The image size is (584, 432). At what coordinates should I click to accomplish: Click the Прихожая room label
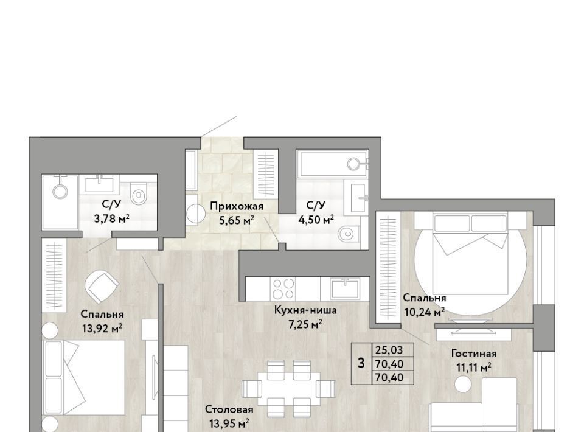(x=236, y=206)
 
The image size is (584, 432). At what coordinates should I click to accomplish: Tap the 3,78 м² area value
(x=111, y=218)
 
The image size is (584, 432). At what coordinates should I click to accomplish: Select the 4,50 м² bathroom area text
(x=316, y=220)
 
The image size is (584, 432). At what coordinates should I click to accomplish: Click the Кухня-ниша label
(x=305, y=310)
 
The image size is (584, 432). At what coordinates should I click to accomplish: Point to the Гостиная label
(x=474, y=353)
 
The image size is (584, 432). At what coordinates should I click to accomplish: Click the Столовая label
(x=229, y=409)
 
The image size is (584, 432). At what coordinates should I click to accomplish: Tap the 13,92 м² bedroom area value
(x=102, y=329)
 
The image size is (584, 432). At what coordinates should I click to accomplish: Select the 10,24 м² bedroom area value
(x=424, y=312)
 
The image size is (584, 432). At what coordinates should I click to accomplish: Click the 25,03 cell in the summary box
(x=389, y=350)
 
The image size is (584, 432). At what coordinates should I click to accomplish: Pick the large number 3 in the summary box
(x=361, y=363)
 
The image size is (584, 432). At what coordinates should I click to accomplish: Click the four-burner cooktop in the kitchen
(x=283, y=289)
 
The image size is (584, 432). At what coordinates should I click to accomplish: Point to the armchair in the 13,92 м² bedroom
(x=102, y=286)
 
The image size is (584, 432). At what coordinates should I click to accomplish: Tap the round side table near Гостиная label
(x=463, y=384)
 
